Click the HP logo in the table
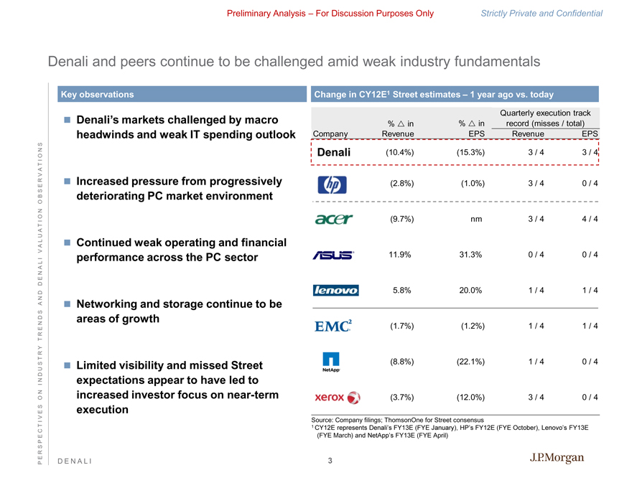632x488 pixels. coord(332,184)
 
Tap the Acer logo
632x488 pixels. coord(333,219)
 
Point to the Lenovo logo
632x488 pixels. coord(335,291)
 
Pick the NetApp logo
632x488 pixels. coord(332,362)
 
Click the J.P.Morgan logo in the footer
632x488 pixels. coord(557,459)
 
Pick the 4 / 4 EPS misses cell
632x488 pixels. coord(590,219)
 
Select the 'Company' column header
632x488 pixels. coord(331,133)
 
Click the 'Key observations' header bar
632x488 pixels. coord(180,94)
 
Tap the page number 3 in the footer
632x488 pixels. coord(330,461)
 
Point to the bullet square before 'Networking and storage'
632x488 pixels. coord(67,304)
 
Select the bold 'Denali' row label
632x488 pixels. coord(334,152)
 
